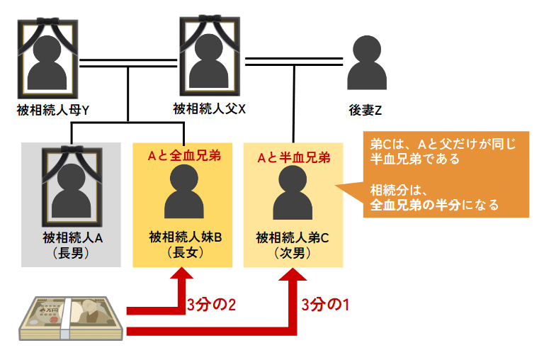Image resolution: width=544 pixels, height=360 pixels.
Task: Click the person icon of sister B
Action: point(183,193)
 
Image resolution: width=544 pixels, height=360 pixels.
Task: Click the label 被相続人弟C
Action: point(293,237)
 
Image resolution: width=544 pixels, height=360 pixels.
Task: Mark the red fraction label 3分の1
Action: point(326,305)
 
